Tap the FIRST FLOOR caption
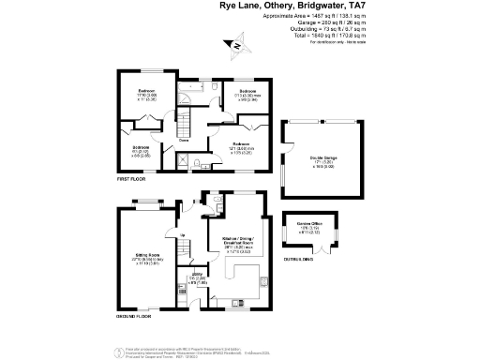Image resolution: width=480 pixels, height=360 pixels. (x=129, y=177)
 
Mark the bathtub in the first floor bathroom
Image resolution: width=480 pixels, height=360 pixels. (x=192, y=84)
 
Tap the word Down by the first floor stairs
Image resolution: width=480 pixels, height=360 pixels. (x=172, y=138)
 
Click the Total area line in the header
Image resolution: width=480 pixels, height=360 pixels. (x=318, y=34)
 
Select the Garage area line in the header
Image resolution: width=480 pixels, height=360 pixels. (x=318, y=22)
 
